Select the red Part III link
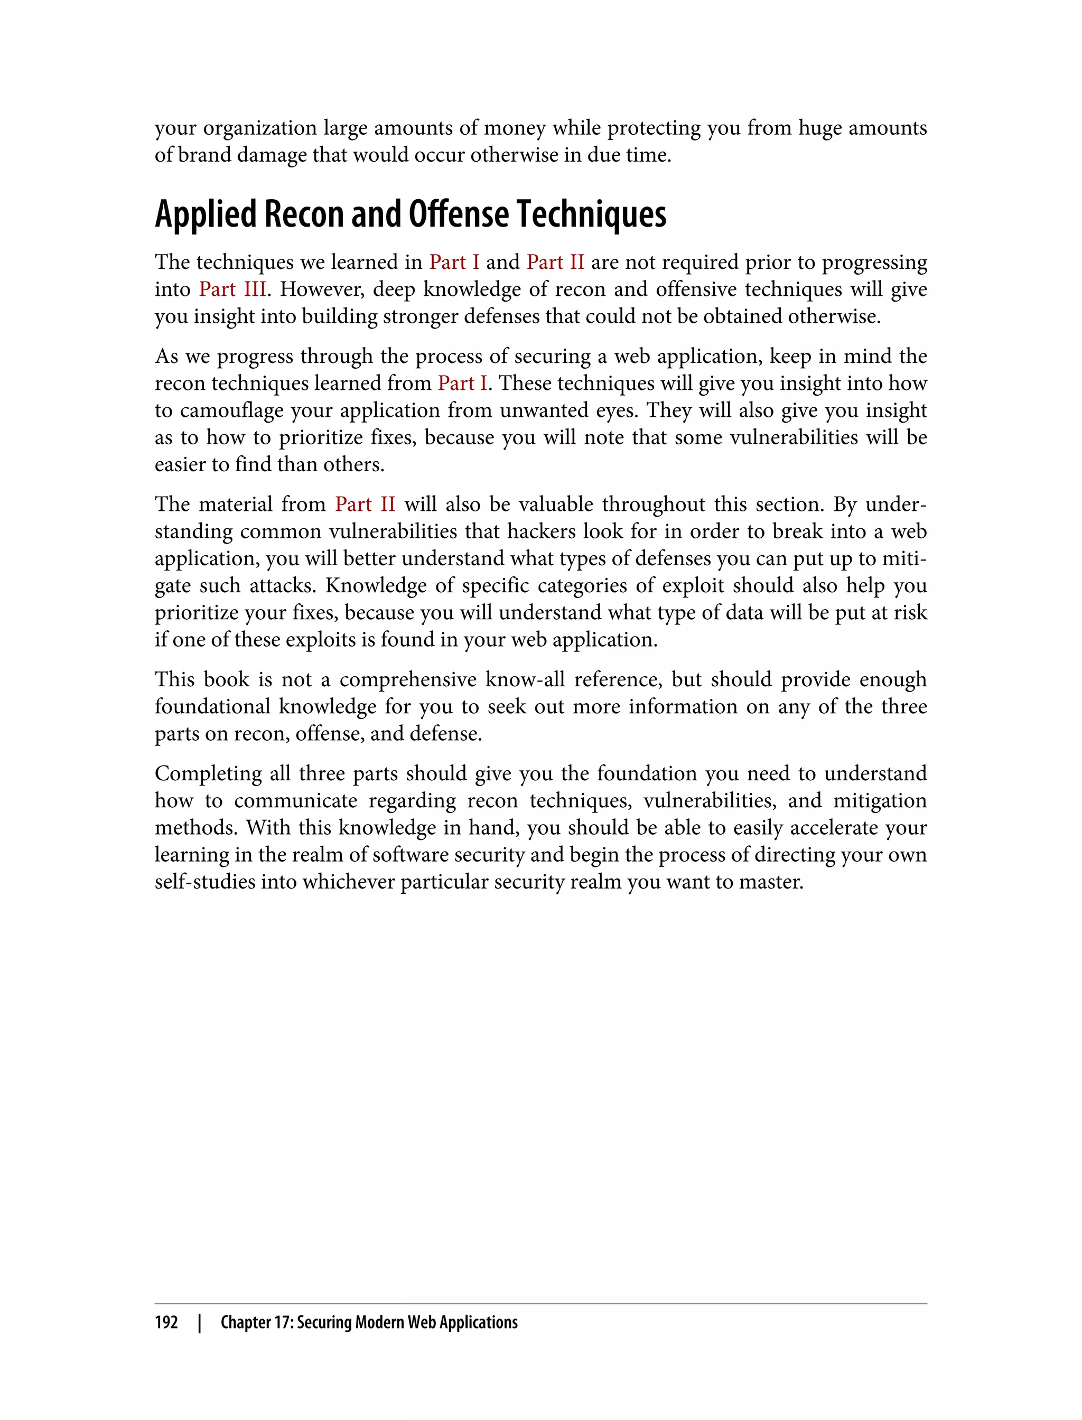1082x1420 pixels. pyautogui.click(x=232, y=289)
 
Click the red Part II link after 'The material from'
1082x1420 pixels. pyautogui.click(x=365, y=505)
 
